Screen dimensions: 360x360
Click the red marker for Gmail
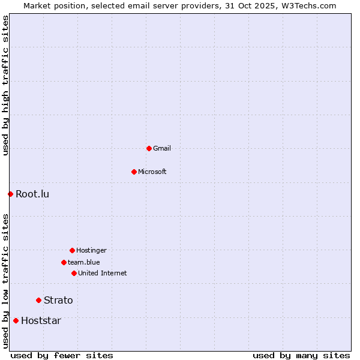point(149,148)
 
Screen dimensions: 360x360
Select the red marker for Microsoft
point(134,172)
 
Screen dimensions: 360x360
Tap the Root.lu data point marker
point(10,194)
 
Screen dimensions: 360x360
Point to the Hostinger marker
point(72,250)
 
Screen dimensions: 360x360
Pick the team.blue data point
point(64,262)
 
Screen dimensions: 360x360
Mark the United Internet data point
point(74,273)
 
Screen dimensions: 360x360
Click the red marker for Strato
point(38,300)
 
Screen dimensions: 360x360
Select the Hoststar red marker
point(16,320)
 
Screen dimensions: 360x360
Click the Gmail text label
point(162,148)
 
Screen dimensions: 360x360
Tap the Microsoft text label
point(152,172)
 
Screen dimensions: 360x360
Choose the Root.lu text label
point(32,194)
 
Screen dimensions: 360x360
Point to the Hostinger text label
point(91,250)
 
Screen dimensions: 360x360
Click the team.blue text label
point(84,262)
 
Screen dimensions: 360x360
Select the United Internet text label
point(103,273)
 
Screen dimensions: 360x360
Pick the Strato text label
point(58,300)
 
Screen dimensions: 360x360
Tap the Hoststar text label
point(41,320)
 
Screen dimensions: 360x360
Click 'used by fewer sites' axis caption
point(62,355)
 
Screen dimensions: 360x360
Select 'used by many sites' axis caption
point(301,355)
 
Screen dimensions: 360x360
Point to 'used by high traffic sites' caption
point(5,85)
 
